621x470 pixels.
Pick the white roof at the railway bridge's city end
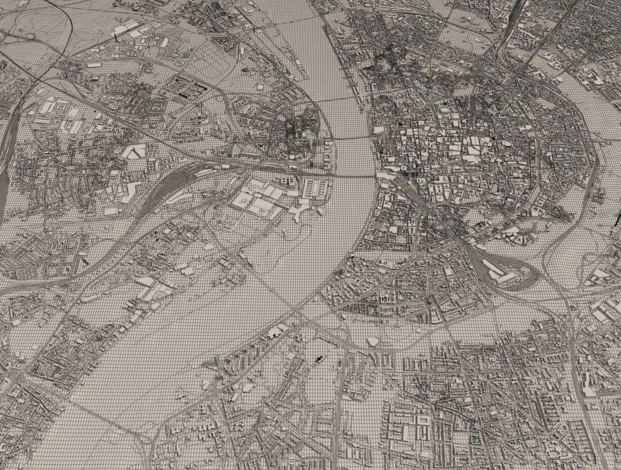coord(384,173)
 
